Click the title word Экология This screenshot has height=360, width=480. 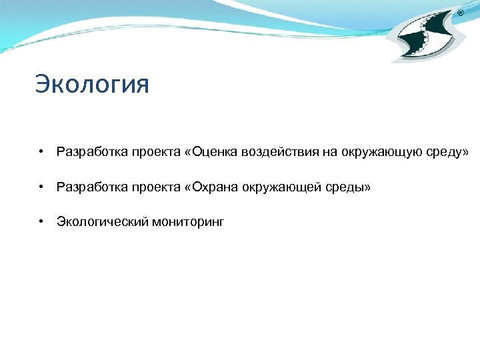pyautogui.click(x=92, y=85)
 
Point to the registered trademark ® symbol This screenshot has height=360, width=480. pyautogui.click(x=461, y=13)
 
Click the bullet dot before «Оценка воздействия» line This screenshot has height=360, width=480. pyautogui.click(x=41, y=152)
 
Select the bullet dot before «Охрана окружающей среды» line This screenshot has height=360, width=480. pyautogui.click(x=41, y=187)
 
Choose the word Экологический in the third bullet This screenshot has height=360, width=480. pyautogui.click(x=98, y=222)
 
